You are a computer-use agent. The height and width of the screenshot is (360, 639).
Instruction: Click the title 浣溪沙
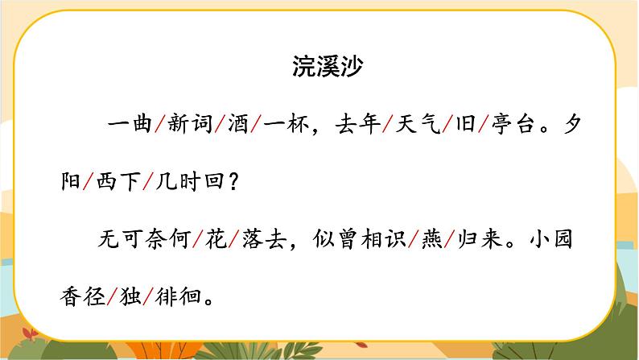click(328, 66)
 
